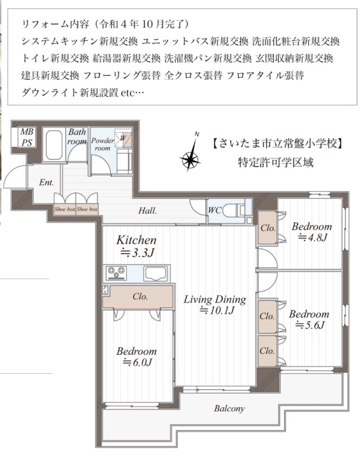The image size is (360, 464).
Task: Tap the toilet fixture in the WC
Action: pos(233,210)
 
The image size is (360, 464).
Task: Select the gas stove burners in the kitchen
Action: pos(116,273)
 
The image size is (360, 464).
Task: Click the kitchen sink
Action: pos(155,273)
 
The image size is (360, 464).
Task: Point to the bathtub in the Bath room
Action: pos(54,145)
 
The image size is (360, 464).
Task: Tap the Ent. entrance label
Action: pos(47,182)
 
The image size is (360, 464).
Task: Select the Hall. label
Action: pos(148,211)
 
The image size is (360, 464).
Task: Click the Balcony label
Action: pos(229,409)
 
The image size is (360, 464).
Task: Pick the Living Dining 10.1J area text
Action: pos(215,304)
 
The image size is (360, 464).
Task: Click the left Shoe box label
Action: pos(65,209)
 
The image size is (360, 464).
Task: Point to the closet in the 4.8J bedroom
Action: pos(268,228)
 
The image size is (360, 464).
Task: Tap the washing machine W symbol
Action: pos(123,138)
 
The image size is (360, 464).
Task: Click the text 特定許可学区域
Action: pos(275,162)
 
